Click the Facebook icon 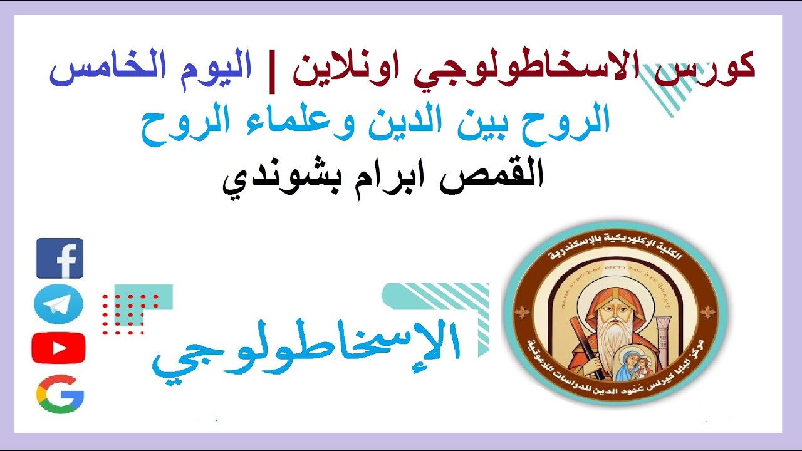pyautogui.click(x=60, y=258)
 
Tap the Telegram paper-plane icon pyautogui.click(x=58, y=304)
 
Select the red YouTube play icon pyautogui.click(x=58, y=348)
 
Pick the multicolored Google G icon pyautogui.click(x=60, y=395)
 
